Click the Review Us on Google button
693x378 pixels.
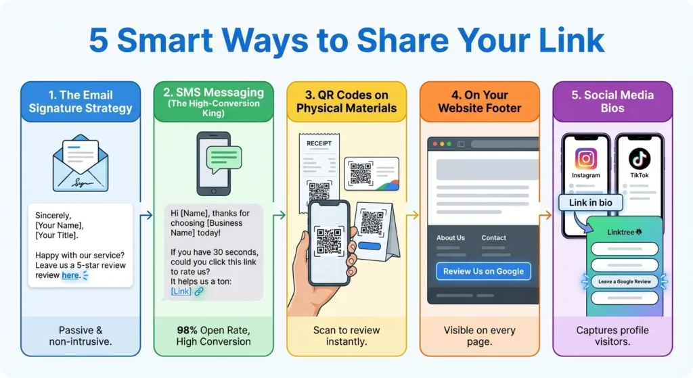point(483,271)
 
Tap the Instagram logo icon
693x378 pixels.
point(585,159)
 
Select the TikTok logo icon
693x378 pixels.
point(639,159)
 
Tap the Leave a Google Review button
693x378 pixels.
point(625,281)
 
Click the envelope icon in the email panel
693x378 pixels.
point(81,163)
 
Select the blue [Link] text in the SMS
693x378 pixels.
point(181,291)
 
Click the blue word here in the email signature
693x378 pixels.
point(70,275)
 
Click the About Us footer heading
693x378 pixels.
point(451,238)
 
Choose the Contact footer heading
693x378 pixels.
point(493,238)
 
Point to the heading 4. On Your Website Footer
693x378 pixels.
point(479,101)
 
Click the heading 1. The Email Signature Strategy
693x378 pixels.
point(81,101)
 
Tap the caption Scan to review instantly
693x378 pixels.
point(346,336)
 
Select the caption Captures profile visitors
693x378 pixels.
point(612,336)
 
